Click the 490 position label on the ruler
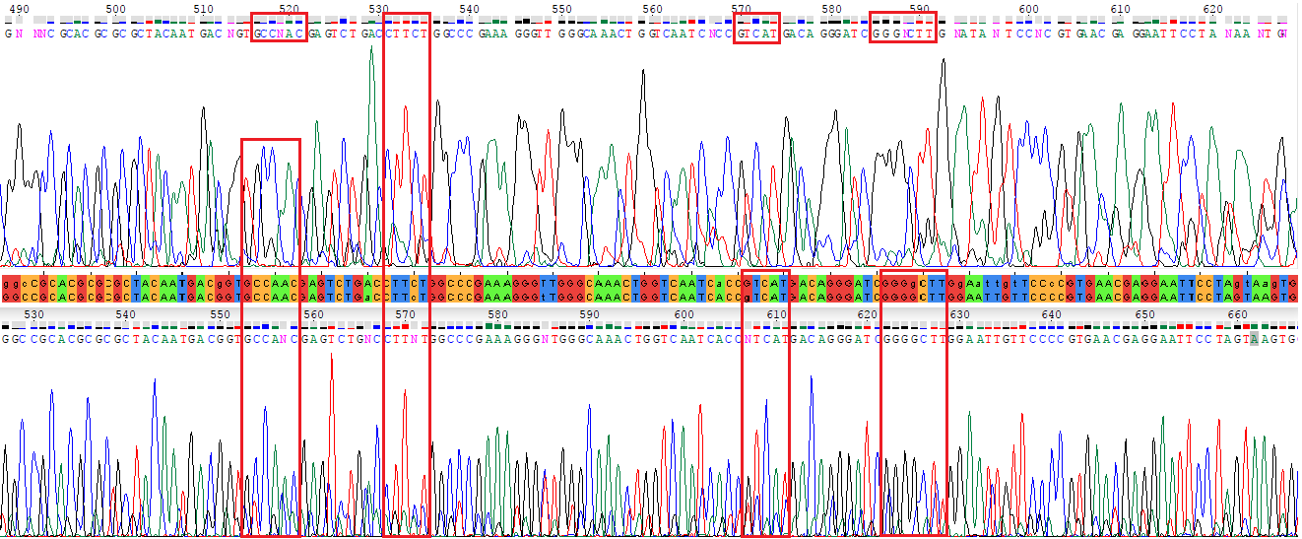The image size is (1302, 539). tap(15, 9)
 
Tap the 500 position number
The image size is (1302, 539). tap(116, 9)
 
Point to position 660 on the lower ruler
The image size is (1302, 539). tap(1238, 313)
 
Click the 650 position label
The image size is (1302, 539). tap(1144, 313)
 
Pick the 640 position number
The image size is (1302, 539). tap(1052, 313)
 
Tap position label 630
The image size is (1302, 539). tap(959, 313)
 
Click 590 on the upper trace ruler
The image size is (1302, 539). tap(920, 9)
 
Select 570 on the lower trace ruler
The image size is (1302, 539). tap(405, 313)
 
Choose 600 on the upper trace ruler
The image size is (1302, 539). tap(1028, 9)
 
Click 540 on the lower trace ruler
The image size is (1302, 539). tap(125, 313)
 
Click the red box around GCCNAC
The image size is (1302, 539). tap(280, 27)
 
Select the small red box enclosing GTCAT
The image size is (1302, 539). tap(756, 27)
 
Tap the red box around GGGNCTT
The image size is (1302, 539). tap(903, 27)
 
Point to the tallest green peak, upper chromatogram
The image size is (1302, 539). tap(371, 49)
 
